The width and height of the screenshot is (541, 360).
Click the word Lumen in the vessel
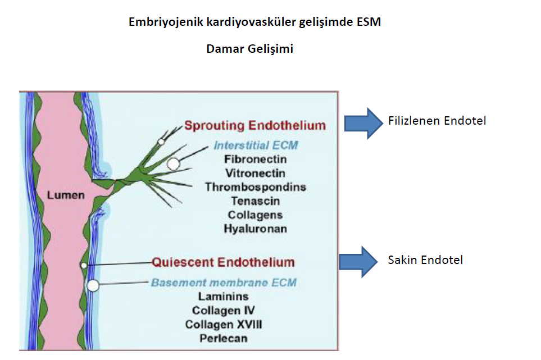pyautogui.click(x=66, y=195)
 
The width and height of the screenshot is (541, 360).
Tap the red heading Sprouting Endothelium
pyautogui.click(x=255, y=125)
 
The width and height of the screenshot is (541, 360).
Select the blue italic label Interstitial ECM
pyautogui.click(x=256, y=145)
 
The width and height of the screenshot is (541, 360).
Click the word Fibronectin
pyautogui.click(x=255, y=160)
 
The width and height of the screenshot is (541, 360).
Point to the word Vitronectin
pyautogui.click(x=255, y=173)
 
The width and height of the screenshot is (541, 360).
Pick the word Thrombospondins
pyautogui.click(x=256, y=187)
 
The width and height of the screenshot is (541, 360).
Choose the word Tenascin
pyautogui.click(x=255, y=201)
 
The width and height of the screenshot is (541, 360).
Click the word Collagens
pyautogui.click(x=255, y=215)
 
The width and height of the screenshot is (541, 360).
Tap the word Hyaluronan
pyautogui.click(x=255, y=229)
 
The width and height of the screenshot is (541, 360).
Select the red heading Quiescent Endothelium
pyautogui.click(x=223, y=262)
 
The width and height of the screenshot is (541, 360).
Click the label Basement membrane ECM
pyautogui.click(x=224, y=282)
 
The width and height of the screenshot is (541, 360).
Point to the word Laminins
pyautogui.click(x=223, y=297)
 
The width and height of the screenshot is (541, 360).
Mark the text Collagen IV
pyautogui.click(x=224, y=311)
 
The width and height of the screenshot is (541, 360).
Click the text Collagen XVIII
pyautogui.click(x=224, y=325)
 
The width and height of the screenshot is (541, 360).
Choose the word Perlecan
pyautogui.click(x=224, y=338)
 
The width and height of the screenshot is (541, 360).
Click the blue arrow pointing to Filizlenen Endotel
pyautogui.click(x=363, y=124)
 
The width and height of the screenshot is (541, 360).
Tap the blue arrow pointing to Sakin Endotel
pyautogui.click(x=358, y=262)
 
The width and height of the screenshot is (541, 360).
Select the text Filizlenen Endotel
pyautogui.click(x=437, y=121)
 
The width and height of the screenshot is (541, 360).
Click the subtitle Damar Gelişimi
pyautogui.click(x=250, y=49)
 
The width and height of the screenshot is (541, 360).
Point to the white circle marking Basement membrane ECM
pyautogui.click(x=93, y=285)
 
